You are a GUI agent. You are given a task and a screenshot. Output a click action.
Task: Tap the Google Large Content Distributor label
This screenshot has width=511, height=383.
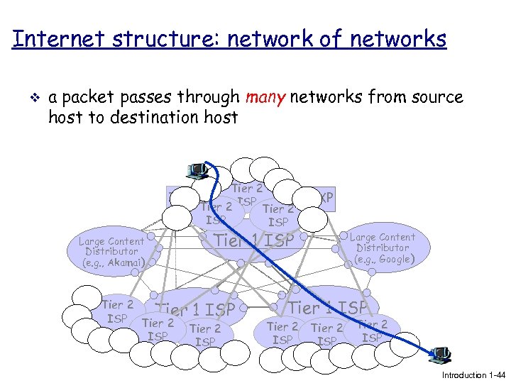383,248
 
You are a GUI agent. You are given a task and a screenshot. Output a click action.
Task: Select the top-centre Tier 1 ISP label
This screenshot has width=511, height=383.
254,240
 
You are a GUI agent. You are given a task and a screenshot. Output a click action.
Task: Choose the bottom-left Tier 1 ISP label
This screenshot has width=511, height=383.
195,309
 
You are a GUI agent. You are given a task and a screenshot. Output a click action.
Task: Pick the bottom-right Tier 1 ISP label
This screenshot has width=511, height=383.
328,308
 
